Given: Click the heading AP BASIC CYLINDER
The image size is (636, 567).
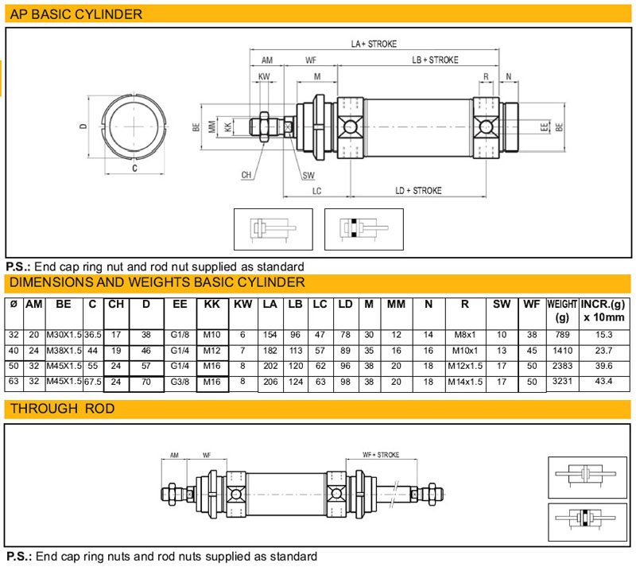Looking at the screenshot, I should [x=76, y=14].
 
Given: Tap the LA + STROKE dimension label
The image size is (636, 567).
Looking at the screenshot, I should [x=374, y=44].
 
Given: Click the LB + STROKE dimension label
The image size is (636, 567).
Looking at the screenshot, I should [x=434, y=60].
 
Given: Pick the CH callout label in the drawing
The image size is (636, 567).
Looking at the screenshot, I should [x=247, y=175].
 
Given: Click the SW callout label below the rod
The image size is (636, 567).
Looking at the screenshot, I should [x=308, y=175].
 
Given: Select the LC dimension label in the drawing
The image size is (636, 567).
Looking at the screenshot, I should [x=316, y=191].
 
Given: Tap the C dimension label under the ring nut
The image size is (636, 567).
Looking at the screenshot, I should [x=134, y=169].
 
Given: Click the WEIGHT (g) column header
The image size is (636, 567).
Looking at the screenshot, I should [x=562, y=310].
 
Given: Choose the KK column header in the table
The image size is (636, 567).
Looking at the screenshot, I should [x=211, y=304].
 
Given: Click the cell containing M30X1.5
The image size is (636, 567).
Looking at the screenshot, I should [x=64, y=335].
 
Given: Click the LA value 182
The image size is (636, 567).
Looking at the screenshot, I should [x=270, y=351].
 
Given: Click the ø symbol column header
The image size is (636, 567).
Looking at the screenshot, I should [x=14, y=304].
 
